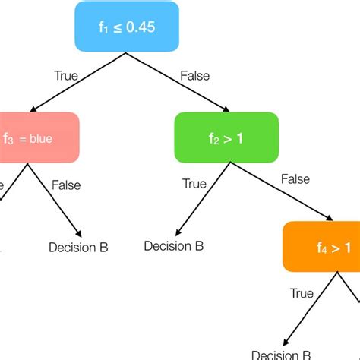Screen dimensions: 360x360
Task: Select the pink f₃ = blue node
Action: [38, 139]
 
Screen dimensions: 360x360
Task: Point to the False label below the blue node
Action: [195, 75]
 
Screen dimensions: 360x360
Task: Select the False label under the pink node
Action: [65, 185]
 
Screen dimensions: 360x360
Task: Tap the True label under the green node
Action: [194, 184]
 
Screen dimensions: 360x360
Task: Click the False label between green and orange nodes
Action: [295, 179]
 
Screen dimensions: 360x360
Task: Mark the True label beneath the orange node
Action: [302, 293]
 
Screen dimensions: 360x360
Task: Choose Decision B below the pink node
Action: [78, 248]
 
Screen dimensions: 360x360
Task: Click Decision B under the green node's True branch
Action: [174, 246]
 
